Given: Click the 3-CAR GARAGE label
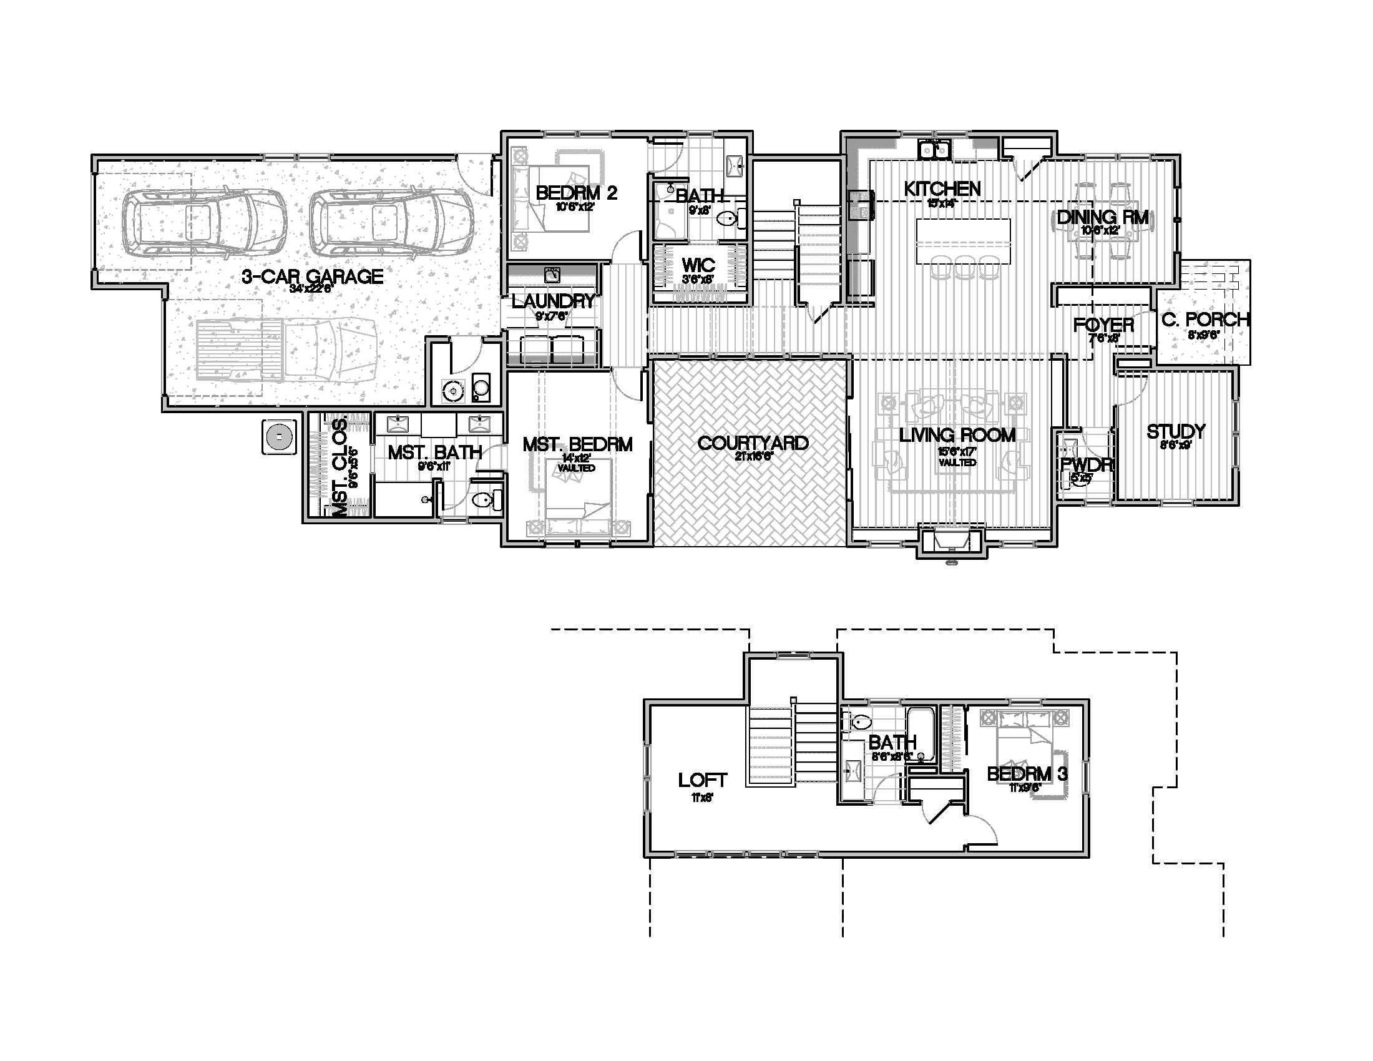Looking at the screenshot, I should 313,276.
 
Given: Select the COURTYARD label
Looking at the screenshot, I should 753,443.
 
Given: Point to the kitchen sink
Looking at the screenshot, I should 934,150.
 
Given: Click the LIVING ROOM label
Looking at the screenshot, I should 957,435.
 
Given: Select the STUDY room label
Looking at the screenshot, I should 1176,431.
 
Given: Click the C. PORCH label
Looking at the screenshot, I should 1204,320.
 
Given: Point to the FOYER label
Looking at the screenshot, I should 1103,325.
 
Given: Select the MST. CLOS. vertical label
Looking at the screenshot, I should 339,468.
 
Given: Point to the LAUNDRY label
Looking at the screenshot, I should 552,301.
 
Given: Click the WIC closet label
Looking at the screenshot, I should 698,264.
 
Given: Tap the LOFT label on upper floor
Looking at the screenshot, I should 702,780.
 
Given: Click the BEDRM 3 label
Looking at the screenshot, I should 1027,774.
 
